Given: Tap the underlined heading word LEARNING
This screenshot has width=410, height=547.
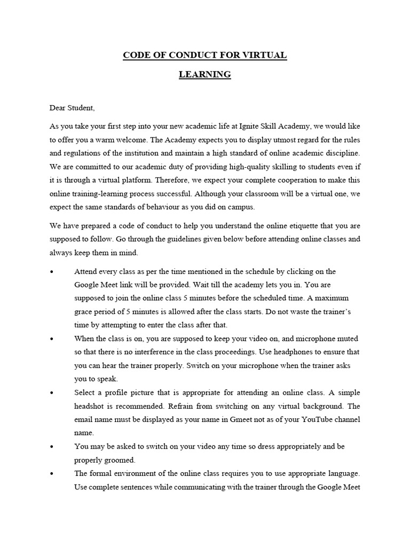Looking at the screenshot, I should click(x=205, y=74).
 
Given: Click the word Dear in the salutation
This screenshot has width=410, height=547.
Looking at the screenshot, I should click(x=58, y=108).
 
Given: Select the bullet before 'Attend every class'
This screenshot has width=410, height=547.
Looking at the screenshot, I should click(x=52, y=272).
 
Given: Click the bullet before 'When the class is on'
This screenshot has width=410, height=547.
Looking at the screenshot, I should click(x=52, y=339).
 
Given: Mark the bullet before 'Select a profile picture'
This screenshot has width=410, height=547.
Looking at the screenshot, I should click(x=52, y=392).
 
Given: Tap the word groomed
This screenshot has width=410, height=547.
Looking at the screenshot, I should click(x=121, y=459).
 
